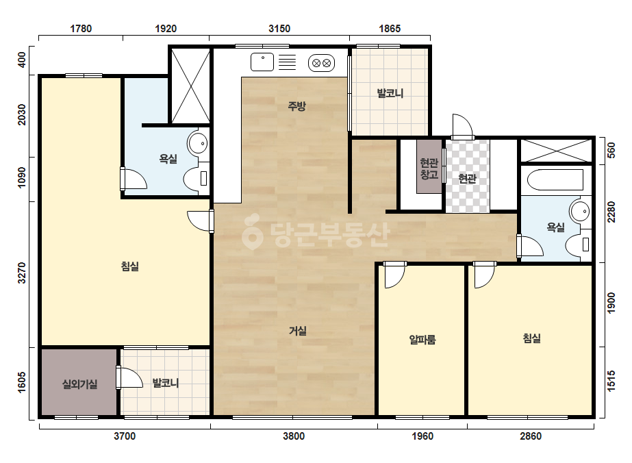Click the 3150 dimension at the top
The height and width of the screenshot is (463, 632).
(279, 29)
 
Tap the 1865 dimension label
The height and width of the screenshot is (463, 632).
(390, 29)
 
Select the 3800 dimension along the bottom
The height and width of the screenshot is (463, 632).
(294, 436)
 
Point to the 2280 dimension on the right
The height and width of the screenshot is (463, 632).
(611, 212)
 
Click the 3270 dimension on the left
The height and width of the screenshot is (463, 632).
(22, 273)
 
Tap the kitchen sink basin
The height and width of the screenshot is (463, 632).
(262, 62)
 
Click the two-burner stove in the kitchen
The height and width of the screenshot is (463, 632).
(321, 63)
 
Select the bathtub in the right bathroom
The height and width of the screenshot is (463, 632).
(555, 180)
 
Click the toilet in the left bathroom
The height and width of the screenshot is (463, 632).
(197, 178)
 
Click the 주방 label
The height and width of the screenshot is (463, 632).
(296, 106)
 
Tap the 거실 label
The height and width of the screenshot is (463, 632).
(298, 331)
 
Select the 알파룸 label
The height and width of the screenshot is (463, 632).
(422, 340)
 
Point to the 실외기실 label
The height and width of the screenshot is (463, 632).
(80, 384)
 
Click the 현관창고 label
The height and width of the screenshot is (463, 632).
(429, 168)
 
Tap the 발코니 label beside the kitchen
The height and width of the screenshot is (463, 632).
(390, 93)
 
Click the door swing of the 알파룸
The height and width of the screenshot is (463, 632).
(394, 275)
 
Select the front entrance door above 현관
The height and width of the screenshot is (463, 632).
(462, 127)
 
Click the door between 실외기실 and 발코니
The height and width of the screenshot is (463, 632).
(129, 377)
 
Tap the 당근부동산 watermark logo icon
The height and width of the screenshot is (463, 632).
(252, 231)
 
